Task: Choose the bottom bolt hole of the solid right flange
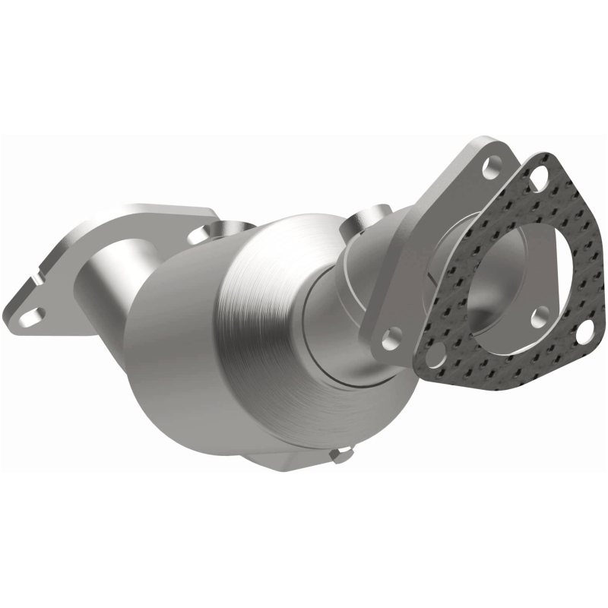pyautogui.click(x=392, y=334)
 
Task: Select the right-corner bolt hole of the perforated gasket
pyautogui.click(x=585, y=331)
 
